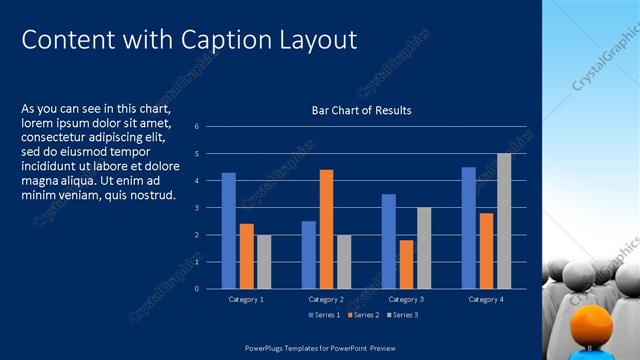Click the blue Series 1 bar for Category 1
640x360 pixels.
[229, 231]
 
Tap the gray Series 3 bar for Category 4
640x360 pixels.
[504, 221]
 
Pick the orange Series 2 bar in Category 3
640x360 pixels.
[406, 264]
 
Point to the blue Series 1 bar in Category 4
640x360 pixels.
[468, 228]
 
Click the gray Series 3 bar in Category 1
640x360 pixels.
[264, 262]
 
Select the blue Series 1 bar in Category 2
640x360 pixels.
[309, 255]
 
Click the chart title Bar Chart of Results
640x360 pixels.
[362, 110]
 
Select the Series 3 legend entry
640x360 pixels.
[402, 315]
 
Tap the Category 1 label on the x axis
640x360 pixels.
[246, 299]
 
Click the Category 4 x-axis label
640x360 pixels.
[486, 299]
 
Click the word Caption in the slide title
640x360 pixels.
[220, 40]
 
